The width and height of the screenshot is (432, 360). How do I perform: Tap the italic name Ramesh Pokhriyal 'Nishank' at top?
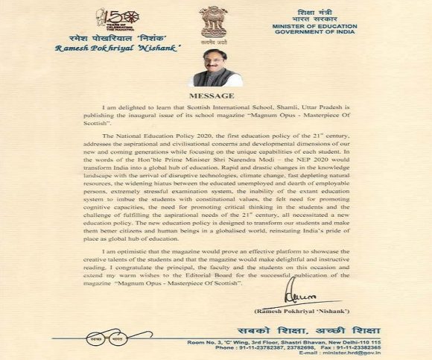(x=107, y=48)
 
